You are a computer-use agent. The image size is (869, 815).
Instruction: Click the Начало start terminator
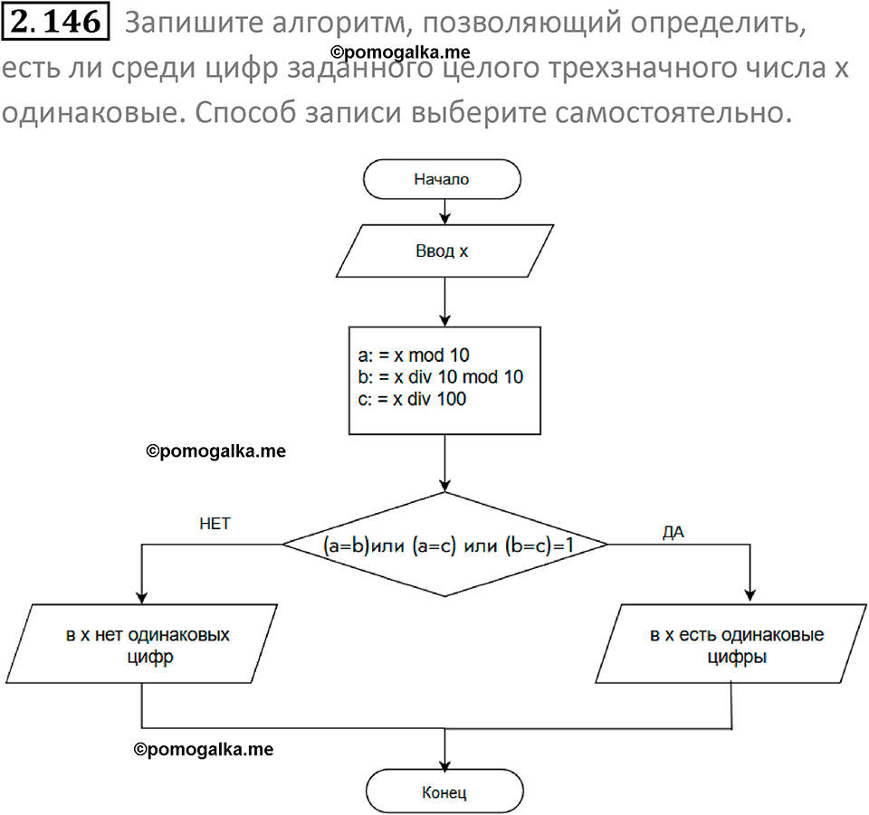tap(443, 179)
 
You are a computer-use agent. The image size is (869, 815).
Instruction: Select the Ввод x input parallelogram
tap(443, 251)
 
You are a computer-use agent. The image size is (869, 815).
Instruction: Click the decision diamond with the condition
tap(444, 545)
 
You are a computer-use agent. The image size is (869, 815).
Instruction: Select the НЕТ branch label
tap(215, 524)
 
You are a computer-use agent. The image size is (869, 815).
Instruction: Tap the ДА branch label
tap(673, 533)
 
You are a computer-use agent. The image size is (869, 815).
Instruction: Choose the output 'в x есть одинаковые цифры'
tap(736, 646)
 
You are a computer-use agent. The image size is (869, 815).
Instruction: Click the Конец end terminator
tap(444, 793)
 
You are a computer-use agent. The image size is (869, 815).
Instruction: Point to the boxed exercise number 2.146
tap(56, 23)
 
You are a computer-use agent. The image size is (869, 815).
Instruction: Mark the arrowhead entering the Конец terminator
tap(444, 765)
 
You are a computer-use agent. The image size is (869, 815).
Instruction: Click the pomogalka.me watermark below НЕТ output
tap(203, 749)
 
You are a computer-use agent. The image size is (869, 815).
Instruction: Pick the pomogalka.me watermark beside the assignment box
tap(215, 450)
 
